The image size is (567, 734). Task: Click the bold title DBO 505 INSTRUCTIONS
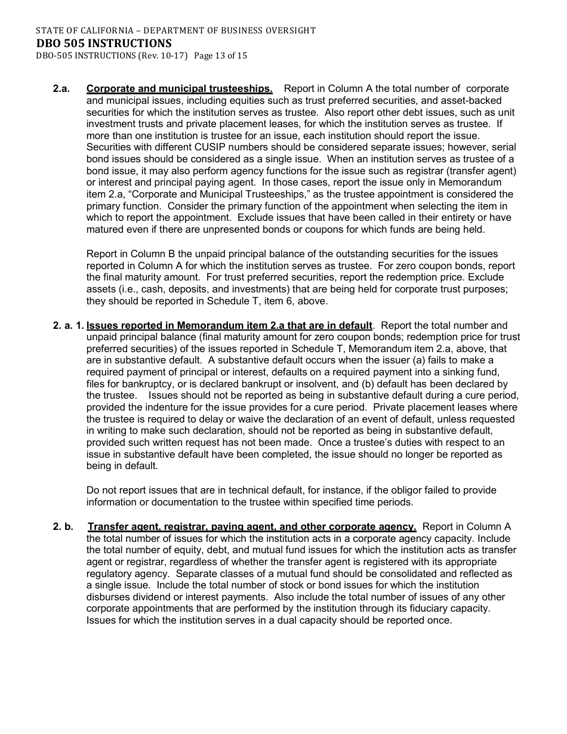tap(104, 43)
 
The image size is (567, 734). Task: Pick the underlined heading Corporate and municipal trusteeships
tap(179, 89)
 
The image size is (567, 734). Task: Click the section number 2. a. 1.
tap(69, 325)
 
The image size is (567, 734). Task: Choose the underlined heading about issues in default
tap(229, 325)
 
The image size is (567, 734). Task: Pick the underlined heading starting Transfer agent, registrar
tap(251, 526)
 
